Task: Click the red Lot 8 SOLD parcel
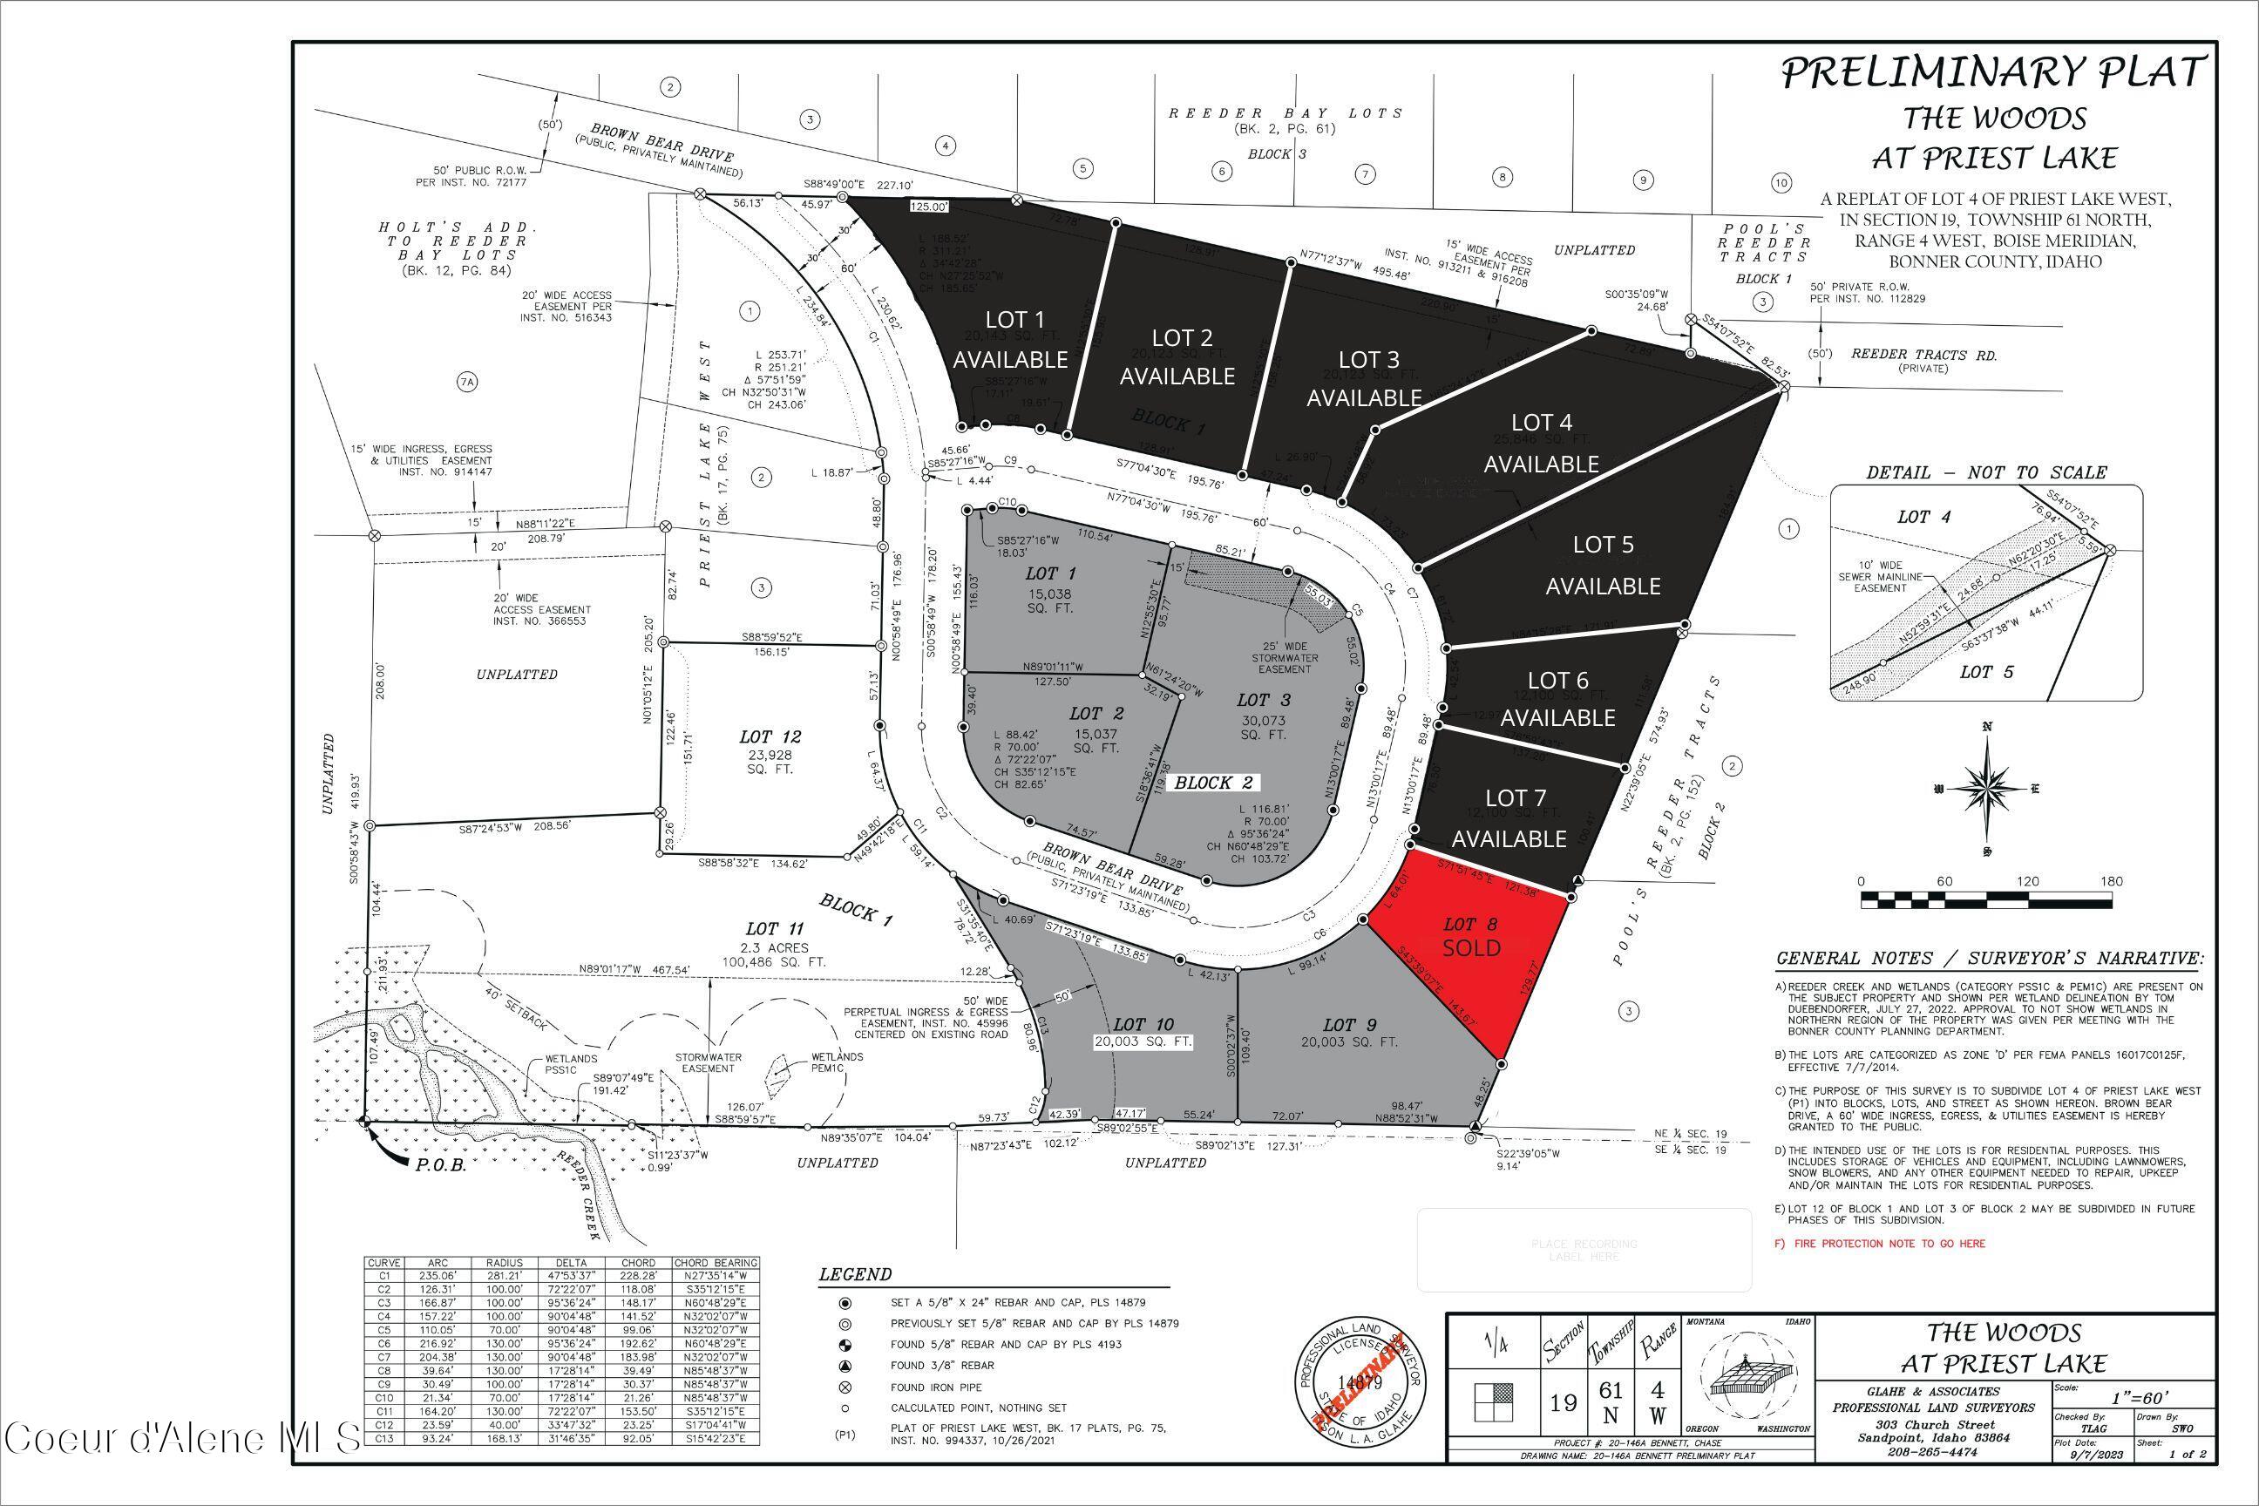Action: pos(1470,951)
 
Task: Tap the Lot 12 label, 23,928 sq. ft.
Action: pos(770,751)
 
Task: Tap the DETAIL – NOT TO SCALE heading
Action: pos(1985,472)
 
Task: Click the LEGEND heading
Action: pos(855,1274)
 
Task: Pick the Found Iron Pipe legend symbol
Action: pos(845,1387)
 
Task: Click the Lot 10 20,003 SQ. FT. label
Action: pos(1142,1033)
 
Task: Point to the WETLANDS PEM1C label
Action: pos(836,1062)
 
